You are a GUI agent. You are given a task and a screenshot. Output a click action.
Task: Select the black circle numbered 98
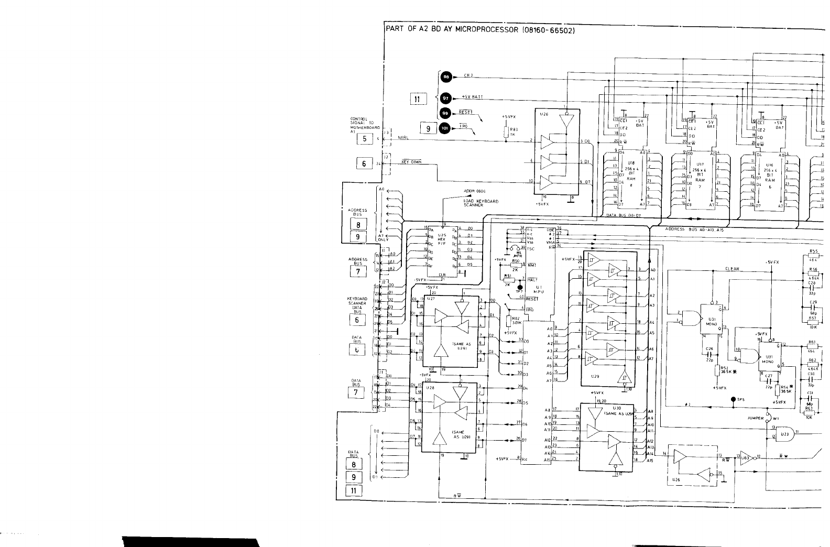point(446,76)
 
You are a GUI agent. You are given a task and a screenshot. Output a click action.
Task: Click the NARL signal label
point(403,138)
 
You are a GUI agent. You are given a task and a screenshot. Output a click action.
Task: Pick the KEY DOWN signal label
point(411,162)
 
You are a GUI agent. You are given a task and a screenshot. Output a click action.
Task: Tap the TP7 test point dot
point(520,287)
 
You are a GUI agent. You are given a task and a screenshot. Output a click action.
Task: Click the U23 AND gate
point(785,434)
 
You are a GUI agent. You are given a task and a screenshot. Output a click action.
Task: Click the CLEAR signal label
point(732,269)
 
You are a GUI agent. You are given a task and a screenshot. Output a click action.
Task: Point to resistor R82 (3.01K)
point(508,321)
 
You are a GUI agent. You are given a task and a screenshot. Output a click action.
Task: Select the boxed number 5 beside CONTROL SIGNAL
point(364,139)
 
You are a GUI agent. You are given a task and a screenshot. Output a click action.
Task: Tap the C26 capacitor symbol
point(709,354)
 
